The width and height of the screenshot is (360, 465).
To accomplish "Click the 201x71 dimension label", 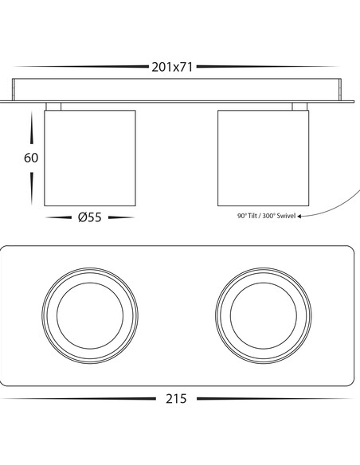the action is tap(172, 67).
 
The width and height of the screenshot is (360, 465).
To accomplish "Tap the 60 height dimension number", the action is tap(31, 158).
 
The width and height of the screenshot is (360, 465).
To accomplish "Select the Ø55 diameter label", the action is tap(90, 217).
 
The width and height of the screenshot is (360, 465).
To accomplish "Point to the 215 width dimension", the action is tap(176, 399).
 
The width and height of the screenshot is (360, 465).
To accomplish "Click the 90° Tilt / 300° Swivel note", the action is tap(266, 216).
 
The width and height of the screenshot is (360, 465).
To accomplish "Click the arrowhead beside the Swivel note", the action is tap(299, 217).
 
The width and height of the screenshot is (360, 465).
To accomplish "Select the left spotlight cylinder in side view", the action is tap(90, 158).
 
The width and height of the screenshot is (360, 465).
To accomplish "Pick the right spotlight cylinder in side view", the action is tap(264, 158).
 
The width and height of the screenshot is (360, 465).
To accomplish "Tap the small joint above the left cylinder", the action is tap(53, 107).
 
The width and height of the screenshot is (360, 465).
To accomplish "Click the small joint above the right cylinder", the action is tap(299, 107).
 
